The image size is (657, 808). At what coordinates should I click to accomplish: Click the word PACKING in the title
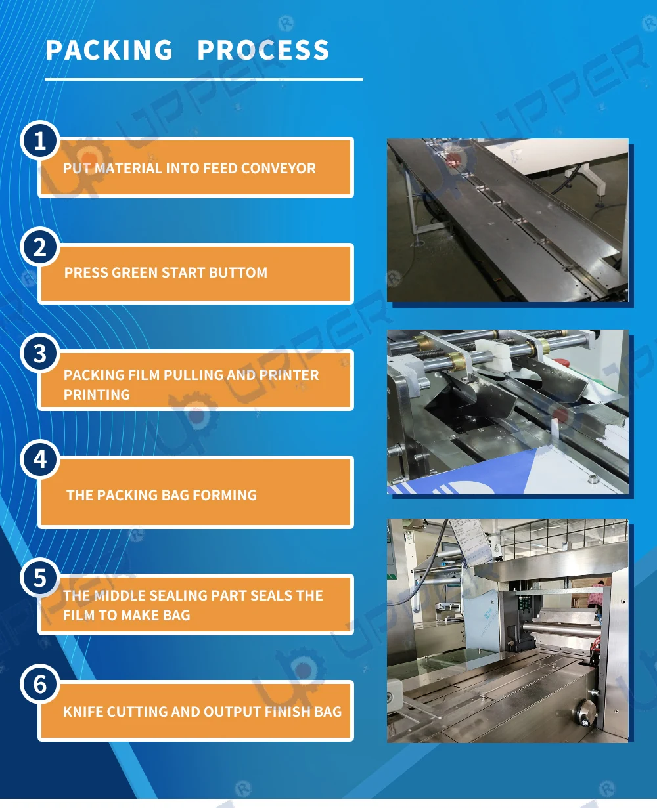pyautogui.click(x=109, y=51)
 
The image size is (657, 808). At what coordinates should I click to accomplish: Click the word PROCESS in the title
pyautogui.click(x=263, y=51)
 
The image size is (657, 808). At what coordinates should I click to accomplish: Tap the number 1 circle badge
pyautogui.click(x=40, y=140)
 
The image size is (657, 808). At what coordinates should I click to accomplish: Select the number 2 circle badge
pyautogui.click(x=40, y=247)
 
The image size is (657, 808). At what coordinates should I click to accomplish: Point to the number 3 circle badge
pyautogui.click(x=40, y=354)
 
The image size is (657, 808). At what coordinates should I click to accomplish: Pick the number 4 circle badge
pyautogui.click(x=40, y=459)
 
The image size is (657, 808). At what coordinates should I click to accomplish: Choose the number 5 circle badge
pyautogui.click(x=40, y=578)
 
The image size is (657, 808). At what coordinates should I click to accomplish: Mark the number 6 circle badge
pyautogui.click(x=40, y=685)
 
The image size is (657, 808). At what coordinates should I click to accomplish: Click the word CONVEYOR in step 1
pyautogui.click(x=279, y=169)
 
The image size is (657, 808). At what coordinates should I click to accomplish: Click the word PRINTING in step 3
pyautogui.click(x=97, y=395)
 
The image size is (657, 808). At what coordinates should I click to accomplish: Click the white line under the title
pyautogui.click(x=204, y=79)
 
